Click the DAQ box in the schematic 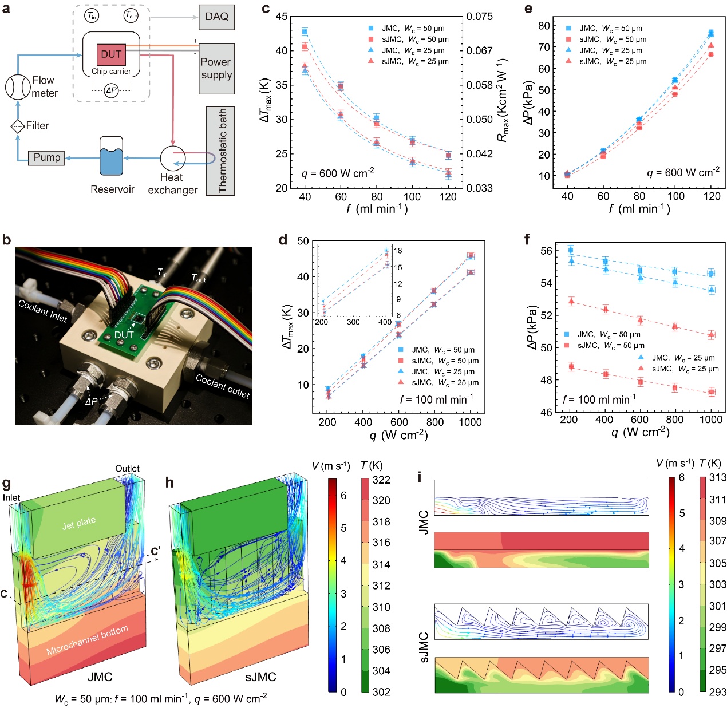coord(216,17)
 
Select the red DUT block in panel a coord(111,54)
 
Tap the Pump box coord(46,157)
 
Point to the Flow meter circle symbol coord(18,87)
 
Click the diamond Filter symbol coord(18,126)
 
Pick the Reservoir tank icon coord(111,156)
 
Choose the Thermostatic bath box coord(220,151)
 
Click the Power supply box coord(216,68)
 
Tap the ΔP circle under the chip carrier coord(111,90)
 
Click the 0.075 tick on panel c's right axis coord(479,17)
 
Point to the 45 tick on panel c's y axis coord(282,17)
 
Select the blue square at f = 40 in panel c coord(305,32)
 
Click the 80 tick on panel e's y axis coord(544,26)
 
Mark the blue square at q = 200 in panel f coord(571,250)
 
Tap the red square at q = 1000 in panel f coord(712,392)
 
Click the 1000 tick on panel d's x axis coord(471,422)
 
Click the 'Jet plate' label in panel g coord(79,522)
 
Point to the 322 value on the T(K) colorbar coord(381,480)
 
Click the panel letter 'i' coord(421,477)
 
